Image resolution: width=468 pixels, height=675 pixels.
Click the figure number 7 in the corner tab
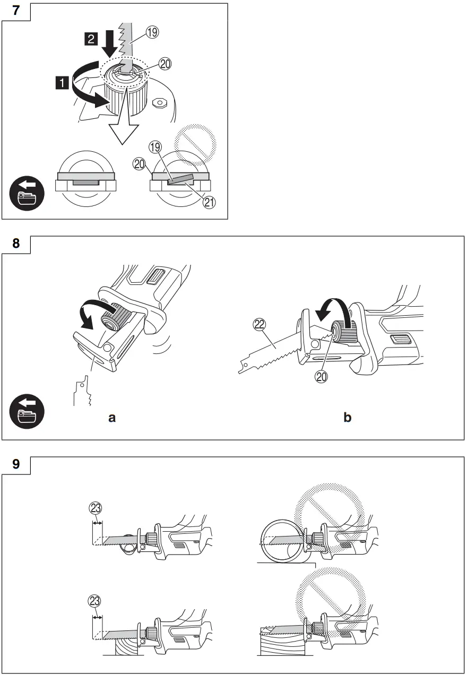16,11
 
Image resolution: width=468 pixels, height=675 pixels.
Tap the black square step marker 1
63,82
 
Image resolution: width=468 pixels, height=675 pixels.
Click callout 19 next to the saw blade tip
152,33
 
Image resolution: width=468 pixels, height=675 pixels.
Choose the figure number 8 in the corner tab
16,245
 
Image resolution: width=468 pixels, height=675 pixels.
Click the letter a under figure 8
112,418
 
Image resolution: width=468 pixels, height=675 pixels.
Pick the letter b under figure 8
347,418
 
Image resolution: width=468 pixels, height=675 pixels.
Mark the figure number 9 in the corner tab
16,465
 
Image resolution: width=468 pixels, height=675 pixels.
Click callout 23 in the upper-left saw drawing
95,508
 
